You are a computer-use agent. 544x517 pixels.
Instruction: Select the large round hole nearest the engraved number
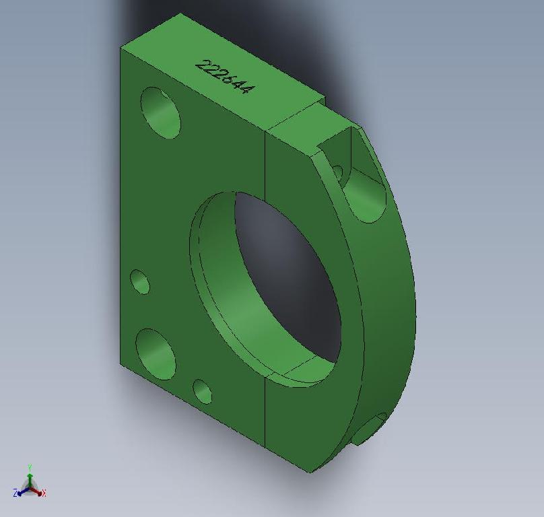pyautogui.click(x=161, y=113)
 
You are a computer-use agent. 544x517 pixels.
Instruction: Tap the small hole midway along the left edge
pyautogui.click(x=140, y=282)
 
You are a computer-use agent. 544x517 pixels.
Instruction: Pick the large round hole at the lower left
pyautogui.click(x=156, y=353)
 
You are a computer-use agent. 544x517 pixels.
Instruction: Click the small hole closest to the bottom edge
pyautogui.click(x=203, y=391)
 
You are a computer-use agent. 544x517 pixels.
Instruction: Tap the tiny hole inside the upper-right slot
pyautogui.click(x=337, y=173)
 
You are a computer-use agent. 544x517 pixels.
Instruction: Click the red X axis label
pyautogui.click(x=44, y=493)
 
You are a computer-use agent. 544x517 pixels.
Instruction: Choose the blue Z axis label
pyautogui.click(x=15, y=494)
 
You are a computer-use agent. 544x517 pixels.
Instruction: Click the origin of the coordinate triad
pyautogui.click(x=30, y=488)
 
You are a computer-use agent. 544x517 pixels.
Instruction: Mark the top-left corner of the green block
pyautogui.click(x=121, y=48)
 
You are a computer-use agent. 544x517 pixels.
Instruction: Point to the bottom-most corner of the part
pyautogui.click(x=310, y=472)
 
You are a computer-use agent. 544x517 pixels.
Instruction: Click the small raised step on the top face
pyautogui.click(x=296, y=118)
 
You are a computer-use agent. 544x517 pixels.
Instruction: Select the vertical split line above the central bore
pyautogui.click(x=265, y=162)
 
